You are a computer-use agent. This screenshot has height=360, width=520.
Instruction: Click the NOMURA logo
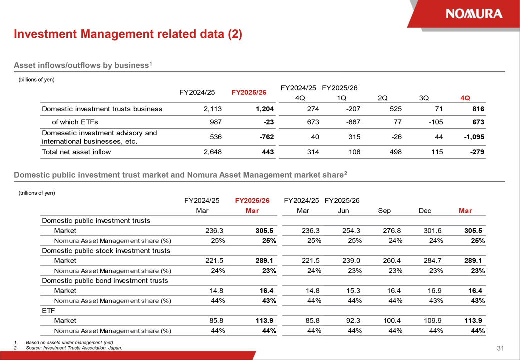click(474, 14)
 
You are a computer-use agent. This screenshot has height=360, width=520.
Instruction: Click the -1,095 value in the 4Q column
click(474, 137)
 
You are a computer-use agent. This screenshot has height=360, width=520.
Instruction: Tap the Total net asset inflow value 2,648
click(212, 152)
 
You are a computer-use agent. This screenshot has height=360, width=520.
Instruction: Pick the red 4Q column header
click(465, 98)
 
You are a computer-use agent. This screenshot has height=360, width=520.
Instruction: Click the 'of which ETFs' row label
click(75, 122)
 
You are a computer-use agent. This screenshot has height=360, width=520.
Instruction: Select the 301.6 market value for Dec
click(432, 231)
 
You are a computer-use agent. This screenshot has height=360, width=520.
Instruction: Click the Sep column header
click(384, 211)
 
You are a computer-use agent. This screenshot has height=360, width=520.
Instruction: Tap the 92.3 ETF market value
click(353, 321)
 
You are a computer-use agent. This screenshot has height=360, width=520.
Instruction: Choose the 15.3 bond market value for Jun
click(353, 291)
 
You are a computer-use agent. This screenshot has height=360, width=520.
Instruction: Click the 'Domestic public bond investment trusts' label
click(105, 281)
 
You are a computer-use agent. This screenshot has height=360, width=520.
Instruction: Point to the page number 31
click(500, 348)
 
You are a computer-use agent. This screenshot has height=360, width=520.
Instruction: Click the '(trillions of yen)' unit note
click(37, 193)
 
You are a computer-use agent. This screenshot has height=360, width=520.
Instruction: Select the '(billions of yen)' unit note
click(36, 80)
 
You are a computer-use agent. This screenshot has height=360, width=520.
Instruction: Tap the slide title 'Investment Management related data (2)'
click(128, 34)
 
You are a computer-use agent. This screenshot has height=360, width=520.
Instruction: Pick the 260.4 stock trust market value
click(392, 261)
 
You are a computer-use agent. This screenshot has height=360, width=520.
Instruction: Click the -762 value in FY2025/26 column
click(267, 137)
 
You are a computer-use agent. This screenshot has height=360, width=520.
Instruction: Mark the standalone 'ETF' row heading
click(48, 311)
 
